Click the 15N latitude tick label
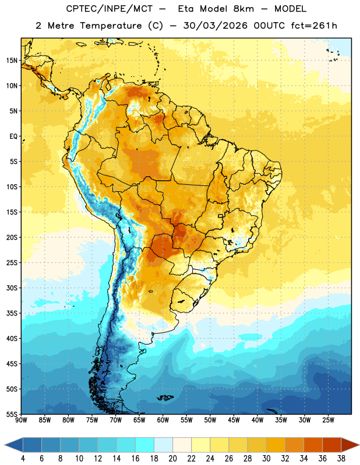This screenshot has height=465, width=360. [12, 60]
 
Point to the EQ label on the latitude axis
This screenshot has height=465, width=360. [13, 137]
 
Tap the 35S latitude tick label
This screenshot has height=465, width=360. [12, 313]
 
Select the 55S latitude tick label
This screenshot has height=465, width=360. [12, 414]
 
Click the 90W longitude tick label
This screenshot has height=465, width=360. [21, 420]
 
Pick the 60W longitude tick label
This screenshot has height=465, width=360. [163, 420]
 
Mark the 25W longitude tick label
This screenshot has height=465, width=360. [328, 420]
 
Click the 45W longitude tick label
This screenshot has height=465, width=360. [234, 420]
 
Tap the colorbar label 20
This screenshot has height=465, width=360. [172, 459]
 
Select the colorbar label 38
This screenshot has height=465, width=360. [341, 459]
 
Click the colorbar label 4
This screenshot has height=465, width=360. [23, 459]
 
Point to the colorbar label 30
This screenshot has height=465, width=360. [266, 459]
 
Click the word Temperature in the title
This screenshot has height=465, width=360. [111, 26]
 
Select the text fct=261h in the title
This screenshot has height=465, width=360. [314, 26]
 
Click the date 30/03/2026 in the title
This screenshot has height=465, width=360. [215, 26]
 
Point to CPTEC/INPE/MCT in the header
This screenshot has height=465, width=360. [110, 9]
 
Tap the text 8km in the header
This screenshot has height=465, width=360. [243, 9]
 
